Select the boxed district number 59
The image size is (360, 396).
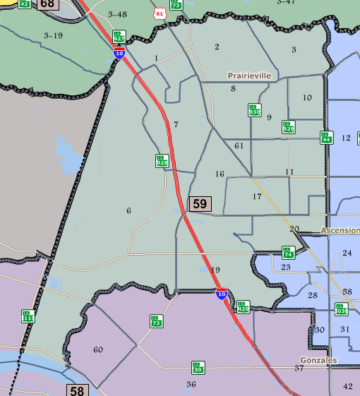click(200, 204)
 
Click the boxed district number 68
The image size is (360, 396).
click(48, 4)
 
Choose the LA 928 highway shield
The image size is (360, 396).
click(162, 161)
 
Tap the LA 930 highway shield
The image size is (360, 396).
click(254, 110)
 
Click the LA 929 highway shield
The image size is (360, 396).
click(288, 127)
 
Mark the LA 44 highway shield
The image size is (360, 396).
click(325, 138)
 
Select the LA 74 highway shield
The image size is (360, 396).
click(288, 253)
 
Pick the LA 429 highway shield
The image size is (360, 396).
click(244, 306)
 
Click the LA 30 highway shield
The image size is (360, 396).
click(198, 368)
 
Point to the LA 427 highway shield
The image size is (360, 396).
click(119, 36)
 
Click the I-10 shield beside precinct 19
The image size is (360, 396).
click(222, 295)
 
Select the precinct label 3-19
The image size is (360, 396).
click(53, 35)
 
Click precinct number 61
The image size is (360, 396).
click(239, 145)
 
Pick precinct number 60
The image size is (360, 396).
click(97, 349)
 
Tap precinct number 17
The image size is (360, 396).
click(257, 196)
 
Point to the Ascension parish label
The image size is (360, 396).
click(340, 231)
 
